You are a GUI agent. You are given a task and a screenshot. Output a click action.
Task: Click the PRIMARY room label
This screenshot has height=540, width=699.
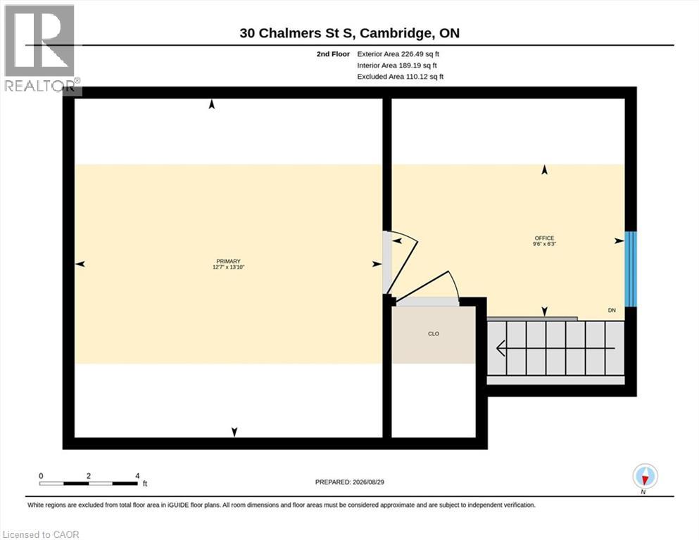point(228,262)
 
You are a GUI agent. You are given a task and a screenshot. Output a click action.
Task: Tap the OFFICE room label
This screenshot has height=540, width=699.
point(544,238)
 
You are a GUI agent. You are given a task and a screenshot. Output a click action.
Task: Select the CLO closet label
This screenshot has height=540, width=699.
point(434,333)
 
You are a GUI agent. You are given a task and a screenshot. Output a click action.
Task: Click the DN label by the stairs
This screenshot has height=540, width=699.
point(612,310)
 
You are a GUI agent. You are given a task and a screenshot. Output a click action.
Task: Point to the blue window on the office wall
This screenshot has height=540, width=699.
point(630,269)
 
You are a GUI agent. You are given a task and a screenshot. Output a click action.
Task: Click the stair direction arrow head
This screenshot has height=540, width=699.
point(500,348)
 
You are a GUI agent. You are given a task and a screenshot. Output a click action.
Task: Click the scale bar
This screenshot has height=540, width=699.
point(88,483)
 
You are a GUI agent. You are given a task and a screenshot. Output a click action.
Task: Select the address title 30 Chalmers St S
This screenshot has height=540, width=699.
point(296,33)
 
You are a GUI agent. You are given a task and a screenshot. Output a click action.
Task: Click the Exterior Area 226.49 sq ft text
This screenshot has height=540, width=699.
point(398,54)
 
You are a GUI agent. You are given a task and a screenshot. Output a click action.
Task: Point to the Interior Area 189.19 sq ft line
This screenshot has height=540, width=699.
point(397,65)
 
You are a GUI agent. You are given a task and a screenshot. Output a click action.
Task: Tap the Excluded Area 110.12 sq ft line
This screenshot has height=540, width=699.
point(401,77)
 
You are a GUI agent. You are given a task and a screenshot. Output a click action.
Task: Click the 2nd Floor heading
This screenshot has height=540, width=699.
point(333,54)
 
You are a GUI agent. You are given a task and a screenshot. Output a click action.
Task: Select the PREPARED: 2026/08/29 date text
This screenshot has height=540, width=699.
point(349,482)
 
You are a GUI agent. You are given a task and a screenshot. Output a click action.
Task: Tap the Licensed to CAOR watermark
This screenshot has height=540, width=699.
point(41,534)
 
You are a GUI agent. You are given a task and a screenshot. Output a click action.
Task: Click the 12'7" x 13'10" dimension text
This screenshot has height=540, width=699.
point(228,267)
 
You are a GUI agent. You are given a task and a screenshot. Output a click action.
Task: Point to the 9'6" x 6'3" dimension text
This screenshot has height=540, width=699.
point(544,244)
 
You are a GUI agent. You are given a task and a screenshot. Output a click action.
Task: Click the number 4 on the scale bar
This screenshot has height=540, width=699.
point(137,476)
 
